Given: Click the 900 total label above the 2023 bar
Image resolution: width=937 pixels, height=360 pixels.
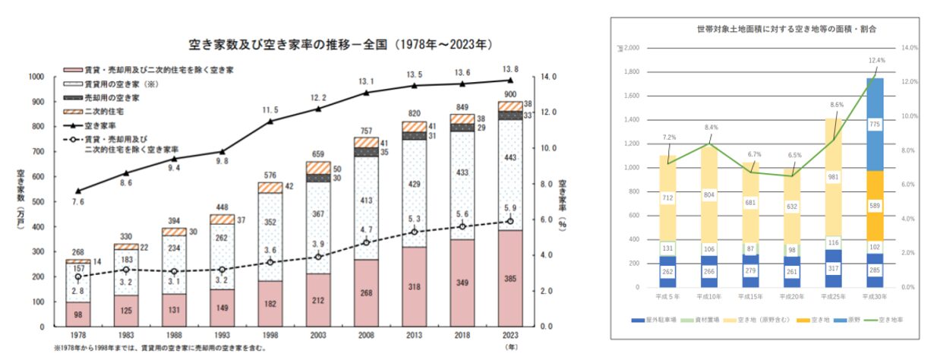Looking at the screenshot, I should pyautogui.click(x=510, y=93).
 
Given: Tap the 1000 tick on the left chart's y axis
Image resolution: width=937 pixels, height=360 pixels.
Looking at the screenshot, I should pyautogui.click(x=35, y=77).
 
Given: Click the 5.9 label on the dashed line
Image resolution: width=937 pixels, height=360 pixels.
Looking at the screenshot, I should pyautogui.click(x=510, y=207).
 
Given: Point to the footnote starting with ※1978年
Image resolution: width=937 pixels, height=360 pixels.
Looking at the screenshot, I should pyautogui.click(x=159, y=349).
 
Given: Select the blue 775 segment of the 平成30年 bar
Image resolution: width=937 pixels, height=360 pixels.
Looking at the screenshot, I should pyautogui.click(x=875, y=125).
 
